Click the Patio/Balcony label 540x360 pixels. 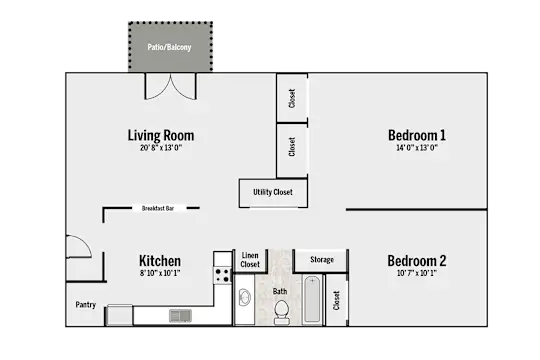click(169, 47)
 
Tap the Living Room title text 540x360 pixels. click(161, 135)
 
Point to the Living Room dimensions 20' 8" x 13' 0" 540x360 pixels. click(161, 148)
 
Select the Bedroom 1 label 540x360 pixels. click(417, 135)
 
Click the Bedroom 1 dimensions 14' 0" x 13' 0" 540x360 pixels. click(417, 148)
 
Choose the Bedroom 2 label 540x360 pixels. click(417, 261)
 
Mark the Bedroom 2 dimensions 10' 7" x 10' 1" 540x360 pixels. click(417, 273)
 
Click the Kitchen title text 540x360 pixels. click(160, 261)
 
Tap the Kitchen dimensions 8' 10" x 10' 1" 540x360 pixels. click(160, 273)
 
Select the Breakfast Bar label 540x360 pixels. click(158, 208)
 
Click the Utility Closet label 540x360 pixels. click(273, 192)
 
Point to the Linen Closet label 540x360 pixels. click(250, 260)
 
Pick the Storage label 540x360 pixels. click(322, 259)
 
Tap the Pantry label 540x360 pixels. click(86, 305)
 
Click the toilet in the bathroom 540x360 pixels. click(281, 312)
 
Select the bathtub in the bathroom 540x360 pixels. click(312, 300)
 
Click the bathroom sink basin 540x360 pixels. click(245, 297)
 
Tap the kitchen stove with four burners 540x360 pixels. click(222, 275)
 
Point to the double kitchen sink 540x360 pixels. click(180, 316)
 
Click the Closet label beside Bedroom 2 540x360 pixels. click(336, 300)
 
